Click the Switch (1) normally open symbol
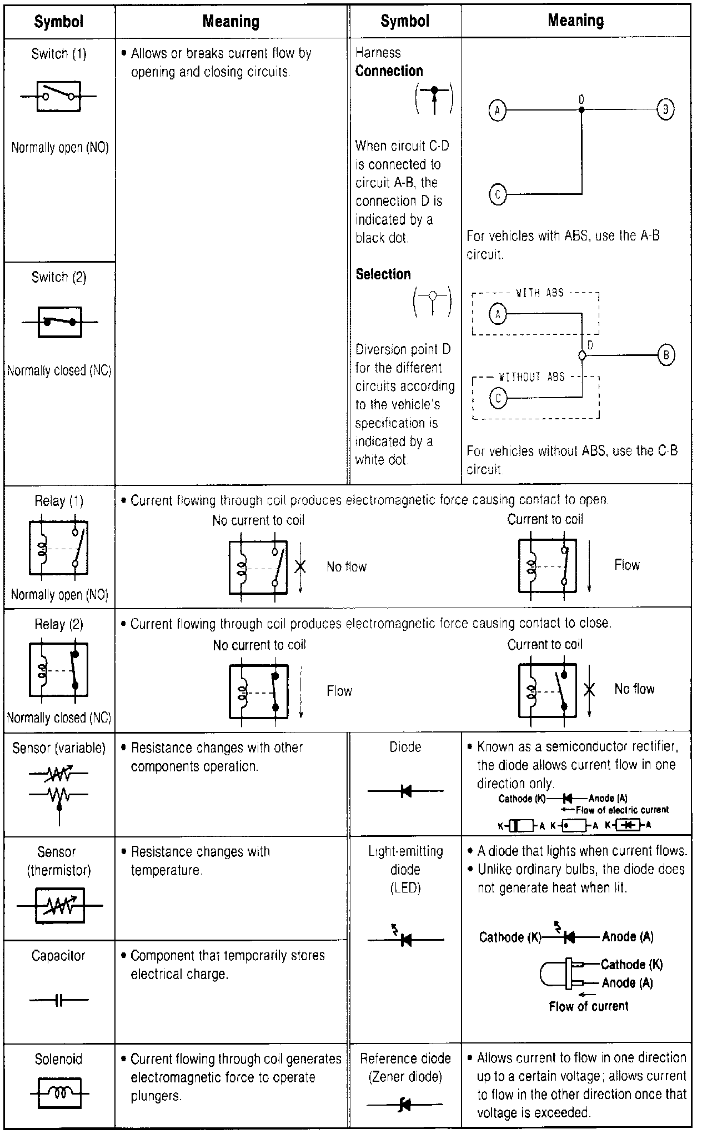58,96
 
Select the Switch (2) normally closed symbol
59,322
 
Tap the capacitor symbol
59,1000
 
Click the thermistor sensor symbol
59,906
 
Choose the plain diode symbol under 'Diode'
405,791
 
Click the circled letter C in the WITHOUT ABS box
498,398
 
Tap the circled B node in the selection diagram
666,355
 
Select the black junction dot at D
581,110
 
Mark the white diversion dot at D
581,355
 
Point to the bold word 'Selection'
383,274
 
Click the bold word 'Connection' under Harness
389,71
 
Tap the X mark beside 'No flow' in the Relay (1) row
300,566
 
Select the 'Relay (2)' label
59,624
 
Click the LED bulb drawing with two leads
561,974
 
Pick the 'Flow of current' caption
588,1006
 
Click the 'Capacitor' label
58,956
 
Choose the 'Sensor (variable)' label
59,748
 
